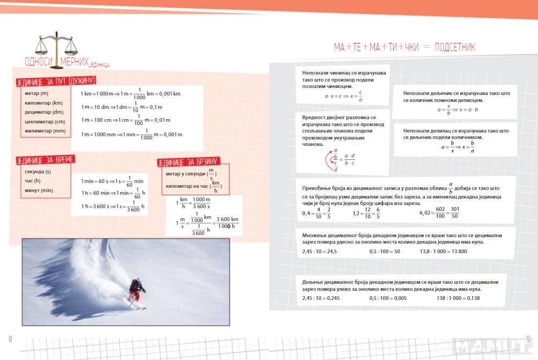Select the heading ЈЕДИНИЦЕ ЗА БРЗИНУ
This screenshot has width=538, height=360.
(188, 162)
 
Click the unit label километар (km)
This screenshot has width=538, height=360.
(43, 102)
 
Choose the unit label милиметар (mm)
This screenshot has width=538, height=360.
(45, 131)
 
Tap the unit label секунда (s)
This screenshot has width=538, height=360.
(38, 172)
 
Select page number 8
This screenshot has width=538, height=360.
(10, 339)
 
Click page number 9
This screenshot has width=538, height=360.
(528, 339)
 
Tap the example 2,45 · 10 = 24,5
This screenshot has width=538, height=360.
(319, 251)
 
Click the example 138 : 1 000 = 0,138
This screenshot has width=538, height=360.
(458, 298)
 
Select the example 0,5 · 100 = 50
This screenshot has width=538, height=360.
(384, 251)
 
